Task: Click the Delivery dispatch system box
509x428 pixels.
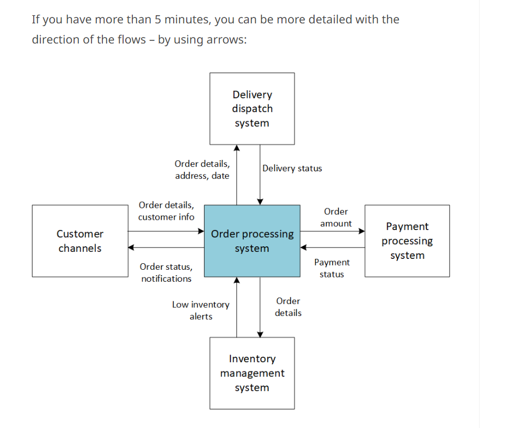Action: pos(252,109)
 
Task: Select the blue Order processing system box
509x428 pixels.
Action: pos(252,241)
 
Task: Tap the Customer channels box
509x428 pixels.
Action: pos(80,241)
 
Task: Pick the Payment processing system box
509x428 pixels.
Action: pos(407,241)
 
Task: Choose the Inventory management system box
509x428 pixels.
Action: pos(252,373)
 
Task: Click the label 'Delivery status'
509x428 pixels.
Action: pos(292,169)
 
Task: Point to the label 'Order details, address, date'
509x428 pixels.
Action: pos(202,170)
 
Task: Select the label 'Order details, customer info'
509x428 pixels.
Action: pos(166,211)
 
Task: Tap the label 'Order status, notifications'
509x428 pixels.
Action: pos(166,272)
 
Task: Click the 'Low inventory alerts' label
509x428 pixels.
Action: pos(200,311)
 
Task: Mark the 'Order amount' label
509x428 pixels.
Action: pos(336,218)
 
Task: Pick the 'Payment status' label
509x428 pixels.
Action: pos(332,268)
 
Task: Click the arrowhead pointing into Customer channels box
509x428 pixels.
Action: pos(131,247)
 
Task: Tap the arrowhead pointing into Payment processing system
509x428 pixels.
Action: pos(361,231)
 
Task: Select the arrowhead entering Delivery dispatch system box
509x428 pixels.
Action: pos(237,147)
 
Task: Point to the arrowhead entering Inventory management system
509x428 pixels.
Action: pos(260,334)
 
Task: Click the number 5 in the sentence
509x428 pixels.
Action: pos(157,20)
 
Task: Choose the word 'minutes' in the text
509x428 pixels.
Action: pos(186,20)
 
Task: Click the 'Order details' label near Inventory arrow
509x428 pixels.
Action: pos(288,307)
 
